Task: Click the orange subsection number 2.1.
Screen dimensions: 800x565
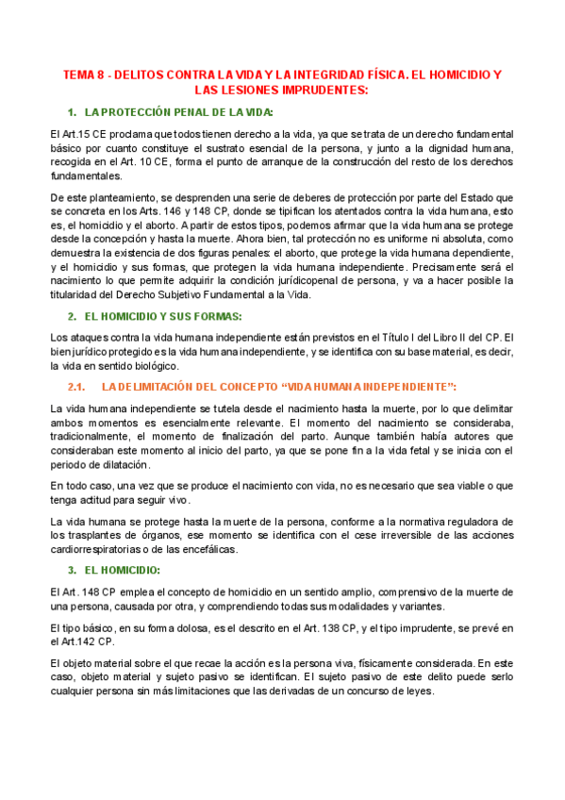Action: (x=77, y=388)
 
